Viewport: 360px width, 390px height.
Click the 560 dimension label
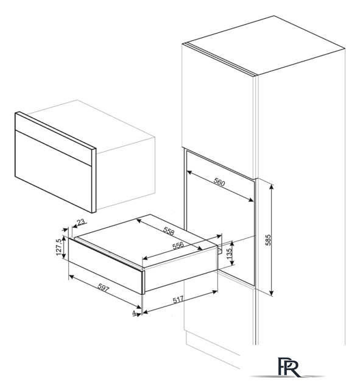(219, 183)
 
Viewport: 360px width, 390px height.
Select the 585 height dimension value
(268, 240)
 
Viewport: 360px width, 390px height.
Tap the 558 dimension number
(169, 232)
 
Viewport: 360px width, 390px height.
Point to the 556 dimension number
(178, 246)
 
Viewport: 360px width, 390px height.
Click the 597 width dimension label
(103, 288)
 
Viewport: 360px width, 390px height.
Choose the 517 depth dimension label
(178, 300)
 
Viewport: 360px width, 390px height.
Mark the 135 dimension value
(229, 253)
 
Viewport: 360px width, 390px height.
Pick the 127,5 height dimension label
(59, 247)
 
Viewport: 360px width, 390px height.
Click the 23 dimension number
(81, 222)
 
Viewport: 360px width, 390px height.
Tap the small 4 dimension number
(134, 313)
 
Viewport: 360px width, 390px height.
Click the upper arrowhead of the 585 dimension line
(272, 187)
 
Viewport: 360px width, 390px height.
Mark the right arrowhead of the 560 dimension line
(251, 200)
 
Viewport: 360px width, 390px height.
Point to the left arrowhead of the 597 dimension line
(71, 276)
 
